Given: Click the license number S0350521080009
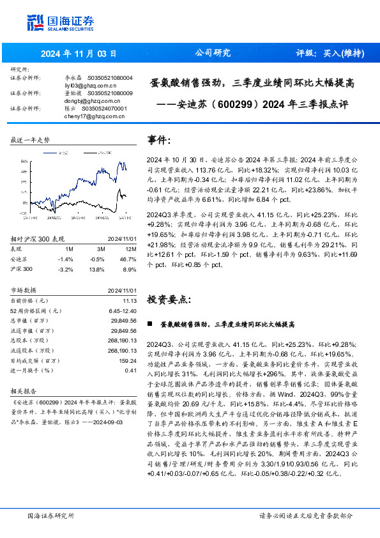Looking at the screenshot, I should (109, 93).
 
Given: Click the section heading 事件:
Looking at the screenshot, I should (159, 140).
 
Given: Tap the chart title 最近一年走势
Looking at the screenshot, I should (31, 139).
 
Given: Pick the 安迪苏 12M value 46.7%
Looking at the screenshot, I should (130, 259).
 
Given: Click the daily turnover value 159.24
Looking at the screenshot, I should (129, 361).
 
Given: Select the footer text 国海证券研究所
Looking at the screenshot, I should (50, 515).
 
